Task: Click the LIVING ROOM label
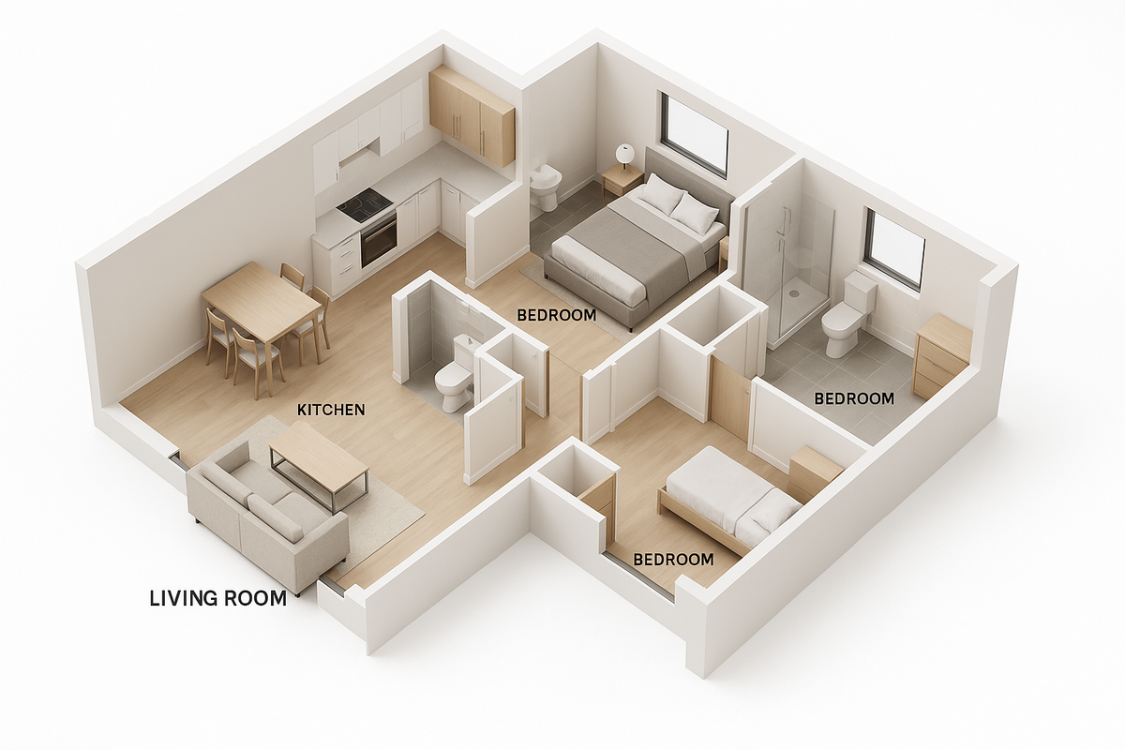(217, 598)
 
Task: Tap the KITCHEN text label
(331, 410)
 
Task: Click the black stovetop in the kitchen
(365, 205)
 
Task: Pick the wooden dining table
(262, 302)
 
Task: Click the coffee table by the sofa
(318, 462)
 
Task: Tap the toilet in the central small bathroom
(455, 374)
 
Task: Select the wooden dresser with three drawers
(941, 356)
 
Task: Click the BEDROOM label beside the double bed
(557, 316)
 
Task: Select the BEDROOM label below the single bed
(673, 560)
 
